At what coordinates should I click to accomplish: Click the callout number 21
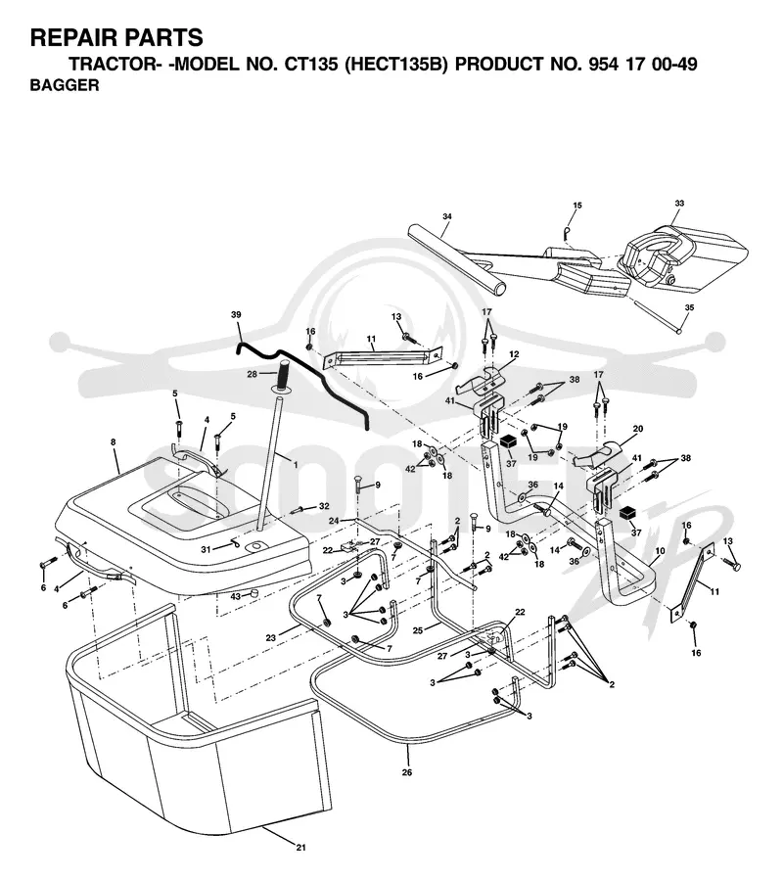(300, 863)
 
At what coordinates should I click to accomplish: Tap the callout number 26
(407, 772)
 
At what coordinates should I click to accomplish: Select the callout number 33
(679, 204)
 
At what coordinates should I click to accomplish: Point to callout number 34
(446, 216)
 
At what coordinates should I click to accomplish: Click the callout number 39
(236, 315)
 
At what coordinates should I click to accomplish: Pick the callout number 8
(114, 442)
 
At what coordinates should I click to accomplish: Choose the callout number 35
(689, 307)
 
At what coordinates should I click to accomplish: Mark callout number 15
(577, 206)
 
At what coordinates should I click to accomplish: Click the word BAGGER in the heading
(64, 85)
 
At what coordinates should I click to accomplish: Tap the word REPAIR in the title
(73, 37)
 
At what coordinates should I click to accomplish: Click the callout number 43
(236, 596)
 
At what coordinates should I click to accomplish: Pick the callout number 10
(660, 551)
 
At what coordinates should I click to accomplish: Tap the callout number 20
(638, 429)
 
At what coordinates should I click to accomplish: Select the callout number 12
(514, 354)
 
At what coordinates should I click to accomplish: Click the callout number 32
(324, 506)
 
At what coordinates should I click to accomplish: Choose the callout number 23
(271, 637)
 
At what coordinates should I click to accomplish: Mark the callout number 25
(418, 630)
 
